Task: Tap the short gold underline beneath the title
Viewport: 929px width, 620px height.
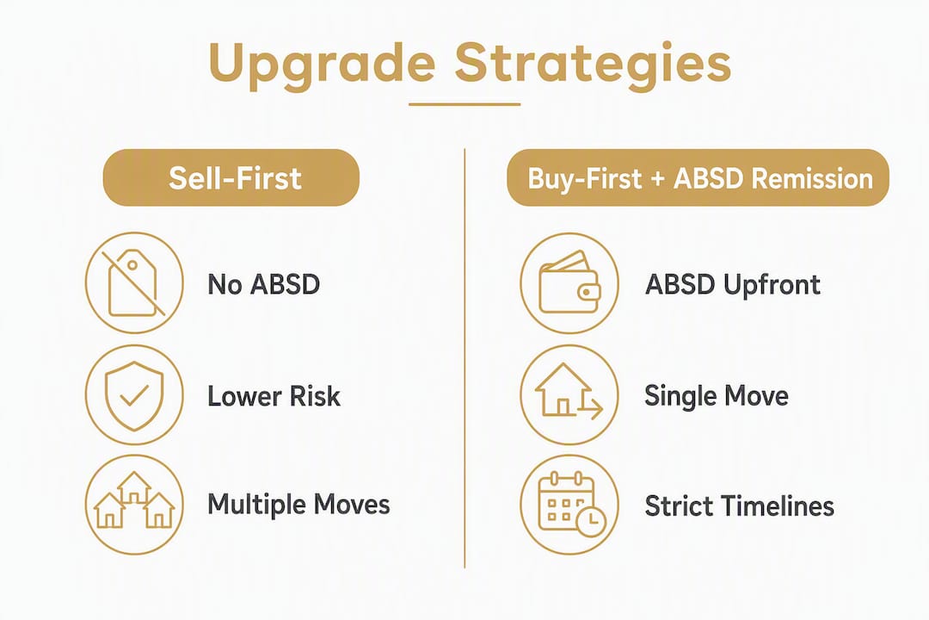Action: (464, 104)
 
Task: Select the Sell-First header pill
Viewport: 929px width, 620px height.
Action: (231, 177)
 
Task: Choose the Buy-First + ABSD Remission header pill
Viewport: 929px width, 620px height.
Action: (698, 177)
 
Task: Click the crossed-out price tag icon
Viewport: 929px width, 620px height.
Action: (134, 282)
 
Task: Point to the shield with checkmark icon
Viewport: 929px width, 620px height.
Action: (134, 395)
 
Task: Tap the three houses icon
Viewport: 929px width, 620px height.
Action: (134, 505)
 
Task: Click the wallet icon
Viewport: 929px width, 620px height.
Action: (569, 282)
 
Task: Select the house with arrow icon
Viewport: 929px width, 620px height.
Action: (569, 395)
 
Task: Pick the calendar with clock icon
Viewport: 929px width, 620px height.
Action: (569, 505)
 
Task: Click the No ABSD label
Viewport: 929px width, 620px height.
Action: (264, 284)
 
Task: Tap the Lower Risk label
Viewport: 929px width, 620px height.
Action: (274, 396)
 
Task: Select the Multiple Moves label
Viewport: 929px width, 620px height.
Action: (298, 505)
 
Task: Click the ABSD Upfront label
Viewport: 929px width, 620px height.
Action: (732, 284)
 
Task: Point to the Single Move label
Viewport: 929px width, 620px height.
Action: (717, 396)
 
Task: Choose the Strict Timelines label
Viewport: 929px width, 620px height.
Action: (740, 506)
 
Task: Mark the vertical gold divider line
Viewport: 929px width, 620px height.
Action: (464, 358)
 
